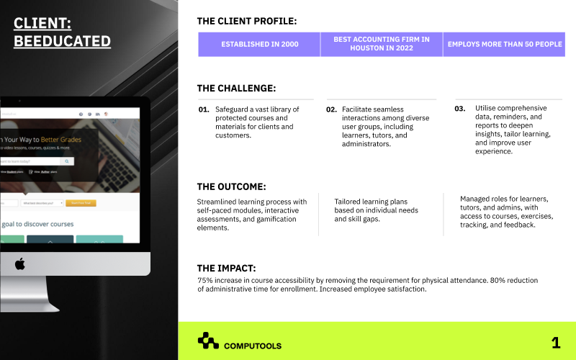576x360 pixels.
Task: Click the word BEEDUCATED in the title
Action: click(62, 41)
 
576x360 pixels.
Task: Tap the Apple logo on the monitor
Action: click(20, 264)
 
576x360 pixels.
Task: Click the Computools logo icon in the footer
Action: click(208, 341)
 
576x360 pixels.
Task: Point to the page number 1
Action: click(555, 343)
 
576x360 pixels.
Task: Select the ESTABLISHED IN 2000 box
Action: click(259, 45)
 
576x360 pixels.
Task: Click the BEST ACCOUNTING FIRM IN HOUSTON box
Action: click(381, 45)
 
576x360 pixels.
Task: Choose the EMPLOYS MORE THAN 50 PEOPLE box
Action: click(504, 45)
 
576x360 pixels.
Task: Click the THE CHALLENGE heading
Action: click(236, 89)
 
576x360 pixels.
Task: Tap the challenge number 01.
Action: click(204, 109)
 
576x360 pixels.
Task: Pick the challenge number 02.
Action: click(331, 109)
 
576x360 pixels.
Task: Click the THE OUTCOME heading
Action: click(231, 186)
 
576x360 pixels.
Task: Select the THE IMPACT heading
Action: click(226, 268)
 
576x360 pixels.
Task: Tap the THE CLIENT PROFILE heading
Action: click(246, 22)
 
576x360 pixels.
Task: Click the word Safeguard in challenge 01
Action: click(233, 109)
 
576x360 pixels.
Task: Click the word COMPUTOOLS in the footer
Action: click(253, 346)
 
